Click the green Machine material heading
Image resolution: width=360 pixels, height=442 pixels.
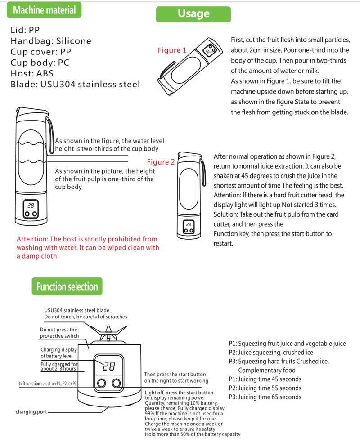point(44,10)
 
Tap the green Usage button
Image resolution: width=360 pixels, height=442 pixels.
point(193,13)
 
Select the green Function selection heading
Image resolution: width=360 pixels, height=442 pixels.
point(67,286)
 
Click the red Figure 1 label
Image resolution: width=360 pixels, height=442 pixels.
point(172,50)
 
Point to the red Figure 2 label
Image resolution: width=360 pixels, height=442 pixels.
point(161,162)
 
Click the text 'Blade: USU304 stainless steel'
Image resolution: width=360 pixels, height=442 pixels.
point(75,84)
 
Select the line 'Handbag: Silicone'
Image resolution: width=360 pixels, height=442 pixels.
point(50,41)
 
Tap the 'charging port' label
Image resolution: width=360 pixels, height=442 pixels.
point(31,412)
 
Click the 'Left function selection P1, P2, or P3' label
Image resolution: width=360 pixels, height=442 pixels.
point(48,384)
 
